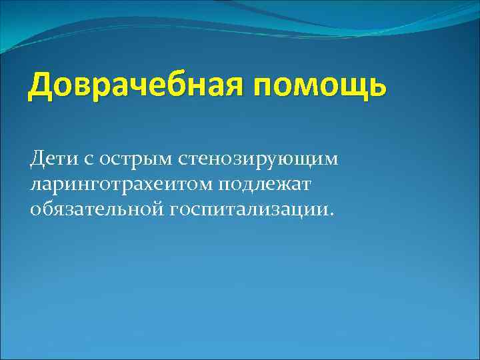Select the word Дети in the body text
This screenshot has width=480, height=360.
pos(51,159)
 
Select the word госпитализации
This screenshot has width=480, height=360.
pos(250,210)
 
